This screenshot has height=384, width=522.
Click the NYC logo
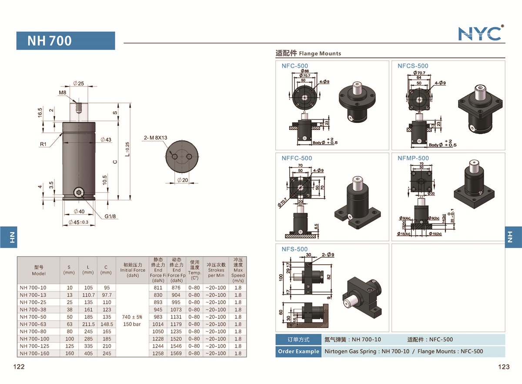pyautogui.click(x=481, y=33)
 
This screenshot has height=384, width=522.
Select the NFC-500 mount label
pyautogui.click(x=294, y=66)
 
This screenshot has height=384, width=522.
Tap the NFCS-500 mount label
pyautogui.click(x=413, y=66)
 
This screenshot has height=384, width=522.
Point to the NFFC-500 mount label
pyautogui.click(x=297, y=158)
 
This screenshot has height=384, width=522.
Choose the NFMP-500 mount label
pyautogui.click(x=413, y=158)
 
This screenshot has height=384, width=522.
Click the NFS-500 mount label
pyautogui.click(x=294, y=249)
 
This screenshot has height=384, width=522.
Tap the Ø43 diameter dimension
pyautogui.click(x=106, y=140)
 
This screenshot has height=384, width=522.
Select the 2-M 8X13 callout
pyautogui.click(x=155, y=138)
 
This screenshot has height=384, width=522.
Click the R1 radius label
pyautogui.click(x=43, y=144)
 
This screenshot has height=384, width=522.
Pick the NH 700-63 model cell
pyautogui.click(x=33, y=324)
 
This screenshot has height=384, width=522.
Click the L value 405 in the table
pyautogui.click(x=88, y=354)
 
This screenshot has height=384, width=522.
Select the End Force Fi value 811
pyautogui.click(x=158, y=288)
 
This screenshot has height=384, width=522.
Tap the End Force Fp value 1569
pyautogui.click(x=176, y=354)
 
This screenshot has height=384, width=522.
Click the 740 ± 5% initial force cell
pyautogui.click(x=132, y=317)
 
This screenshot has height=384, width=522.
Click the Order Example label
pyautogui.click(x=298, y=351)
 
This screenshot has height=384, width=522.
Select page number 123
pyautogui.click(x=503, y=367)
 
